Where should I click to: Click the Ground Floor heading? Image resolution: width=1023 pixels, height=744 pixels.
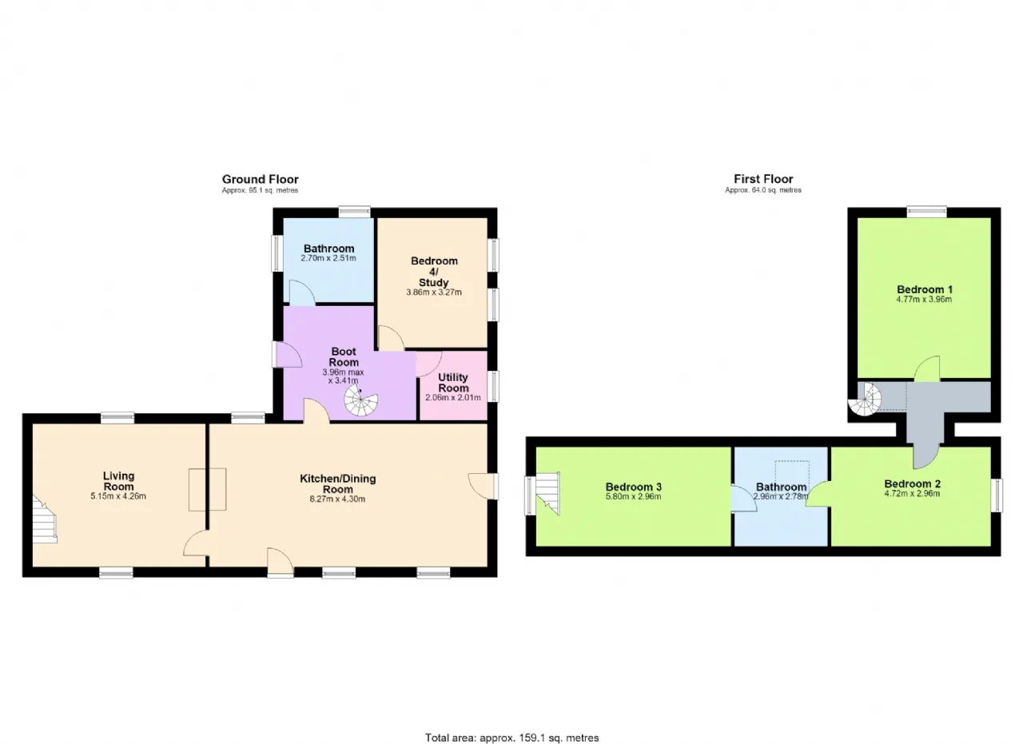click(x=261, y=179)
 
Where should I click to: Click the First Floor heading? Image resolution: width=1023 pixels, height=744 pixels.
click(x=763, y=178)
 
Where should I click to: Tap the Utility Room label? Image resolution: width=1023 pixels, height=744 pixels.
click(x=453, y=383)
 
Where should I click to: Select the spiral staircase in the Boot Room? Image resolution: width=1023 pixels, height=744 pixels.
click(x=360, y=400)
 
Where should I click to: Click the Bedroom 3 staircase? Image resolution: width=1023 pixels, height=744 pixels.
click(x=547, y=493)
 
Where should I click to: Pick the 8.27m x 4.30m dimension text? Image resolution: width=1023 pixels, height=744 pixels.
click(x=337, y=499)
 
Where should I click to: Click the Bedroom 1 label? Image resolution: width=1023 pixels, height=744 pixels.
click(x=925, y=289)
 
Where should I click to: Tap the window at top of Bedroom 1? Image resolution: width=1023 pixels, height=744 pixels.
click(x=926, y=211)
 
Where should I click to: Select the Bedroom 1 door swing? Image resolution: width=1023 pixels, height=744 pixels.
click(x=927, y=368)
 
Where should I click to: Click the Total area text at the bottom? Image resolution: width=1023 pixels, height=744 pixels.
click(x=512, y=725)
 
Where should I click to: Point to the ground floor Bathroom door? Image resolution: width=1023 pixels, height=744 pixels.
click(x=302, y=292)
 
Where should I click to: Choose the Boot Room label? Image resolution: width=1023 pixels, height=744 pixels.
click(x=344, y=356)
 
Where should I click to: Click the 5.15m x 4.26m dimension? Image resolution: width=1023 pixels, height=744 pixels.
click(x=118, y=496)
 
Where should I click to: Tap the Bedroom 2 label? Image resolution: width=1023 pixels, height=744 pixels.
click(x=912, y=483)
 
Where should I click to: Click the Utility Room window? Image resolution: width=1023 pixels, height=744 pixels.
click(x=493, y=387)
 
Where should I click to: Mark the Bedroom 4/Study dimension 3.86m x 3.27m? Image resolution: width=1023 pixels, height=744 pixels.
click(x=434, y=292)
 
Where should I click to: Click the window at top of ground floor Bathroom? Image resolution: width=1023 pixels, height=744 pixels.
click(x=354, y=212)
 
